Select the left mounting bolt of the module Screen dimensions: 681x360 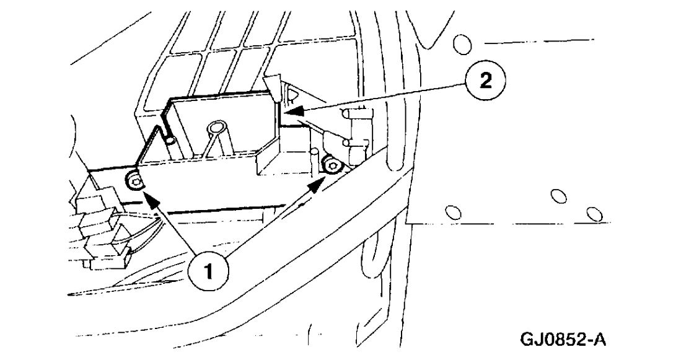tap(134, 181)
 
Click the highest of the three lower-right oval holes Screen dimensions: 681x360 tap(558, 196)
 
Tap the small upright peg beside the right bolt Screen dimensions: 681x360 tap(314, 156)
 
